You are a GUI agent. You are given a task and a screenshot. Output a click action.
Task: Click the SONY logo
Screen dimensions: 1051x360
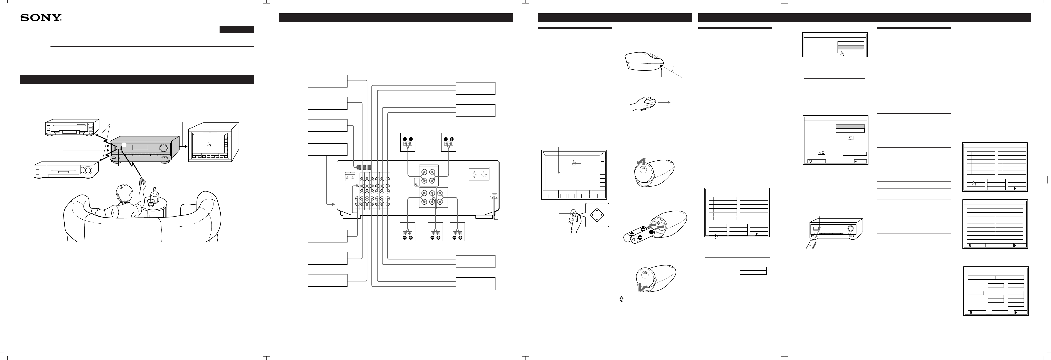[41, 18]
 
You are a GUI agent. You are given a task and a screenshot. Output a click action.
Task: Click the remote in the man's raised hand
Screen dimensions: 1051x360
[142, 181]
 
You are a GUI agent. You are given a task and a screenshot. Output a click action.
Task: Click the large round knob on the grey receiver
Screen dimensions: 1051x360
[164, 148]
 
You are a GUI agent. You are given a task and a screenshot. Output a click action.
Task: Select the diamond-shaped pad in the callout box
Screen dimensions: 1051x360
[597, 215]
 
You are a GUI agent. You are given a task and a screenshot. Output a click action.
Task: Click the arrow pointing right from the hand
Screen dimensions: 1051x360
[664, 103]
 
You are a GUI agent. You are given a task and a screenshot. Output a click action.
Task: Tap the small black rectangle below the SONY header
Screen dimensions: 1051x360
[237, 29]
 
